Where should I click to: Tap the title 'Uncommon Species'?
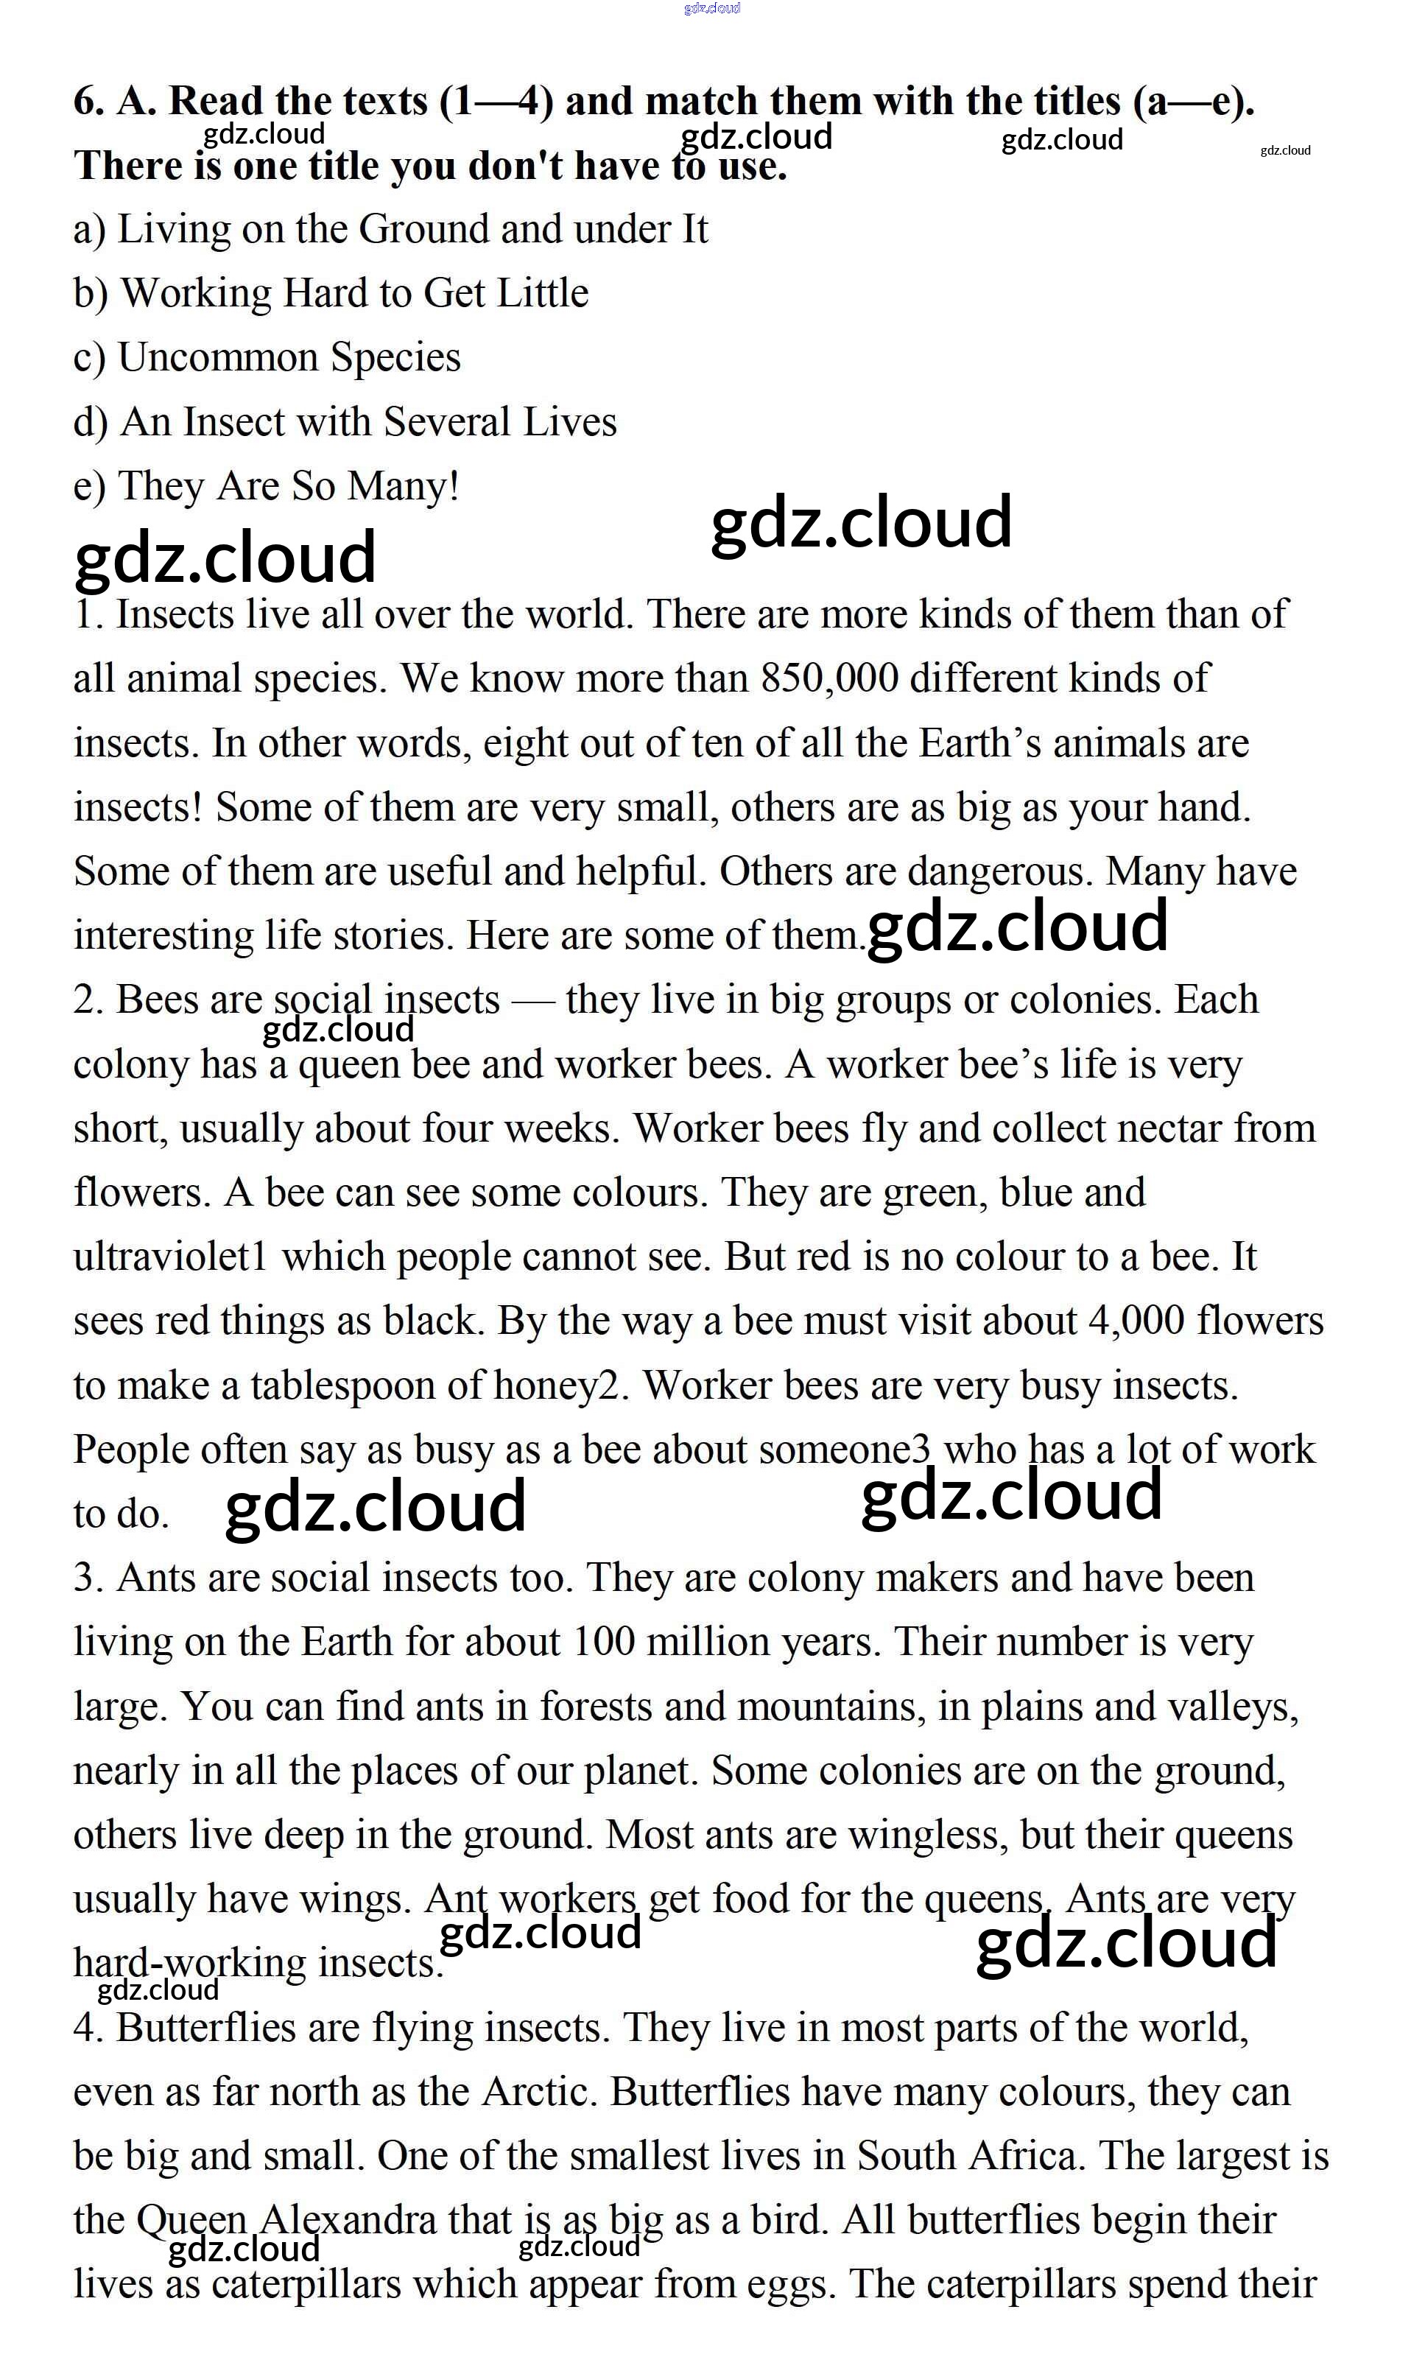tap(289, 358)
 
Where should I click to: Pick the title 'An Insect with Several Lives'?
tap(368, 423)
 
